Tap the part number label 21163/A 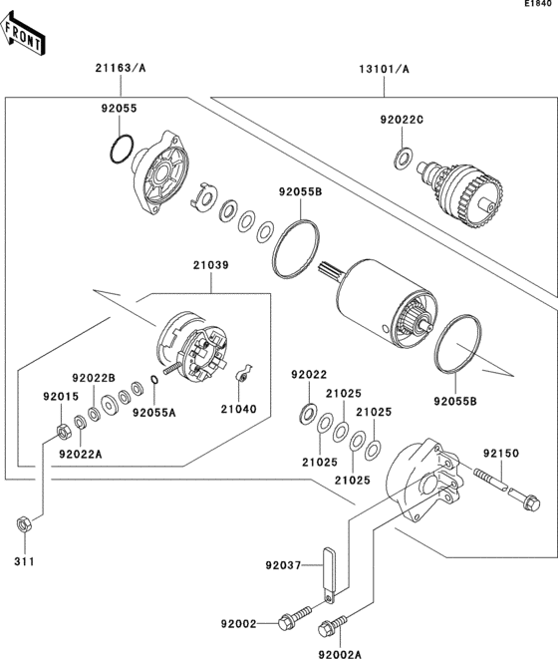[121, 69]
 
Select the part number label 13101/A [385, 69]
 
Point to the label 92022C [402, 120]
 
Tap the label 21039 [211, 265]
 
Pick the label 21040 [238, 410]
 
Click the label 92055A [154, 412]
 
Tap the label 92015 [59, 396]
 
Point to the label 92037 [283, 565]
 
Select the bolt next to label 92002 [295, 623]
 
